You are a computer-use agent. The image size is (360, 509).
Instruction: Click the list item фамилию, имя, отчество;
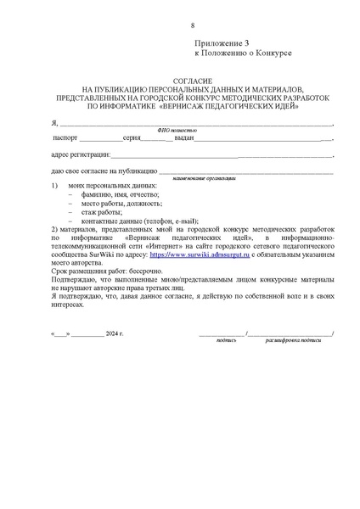[114, 193]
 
